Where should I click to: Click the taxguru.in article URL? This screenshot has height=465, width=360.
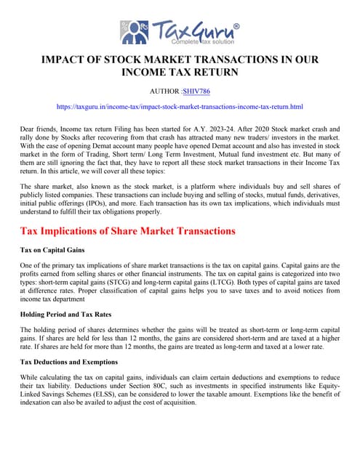click(x=180, y=107)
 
